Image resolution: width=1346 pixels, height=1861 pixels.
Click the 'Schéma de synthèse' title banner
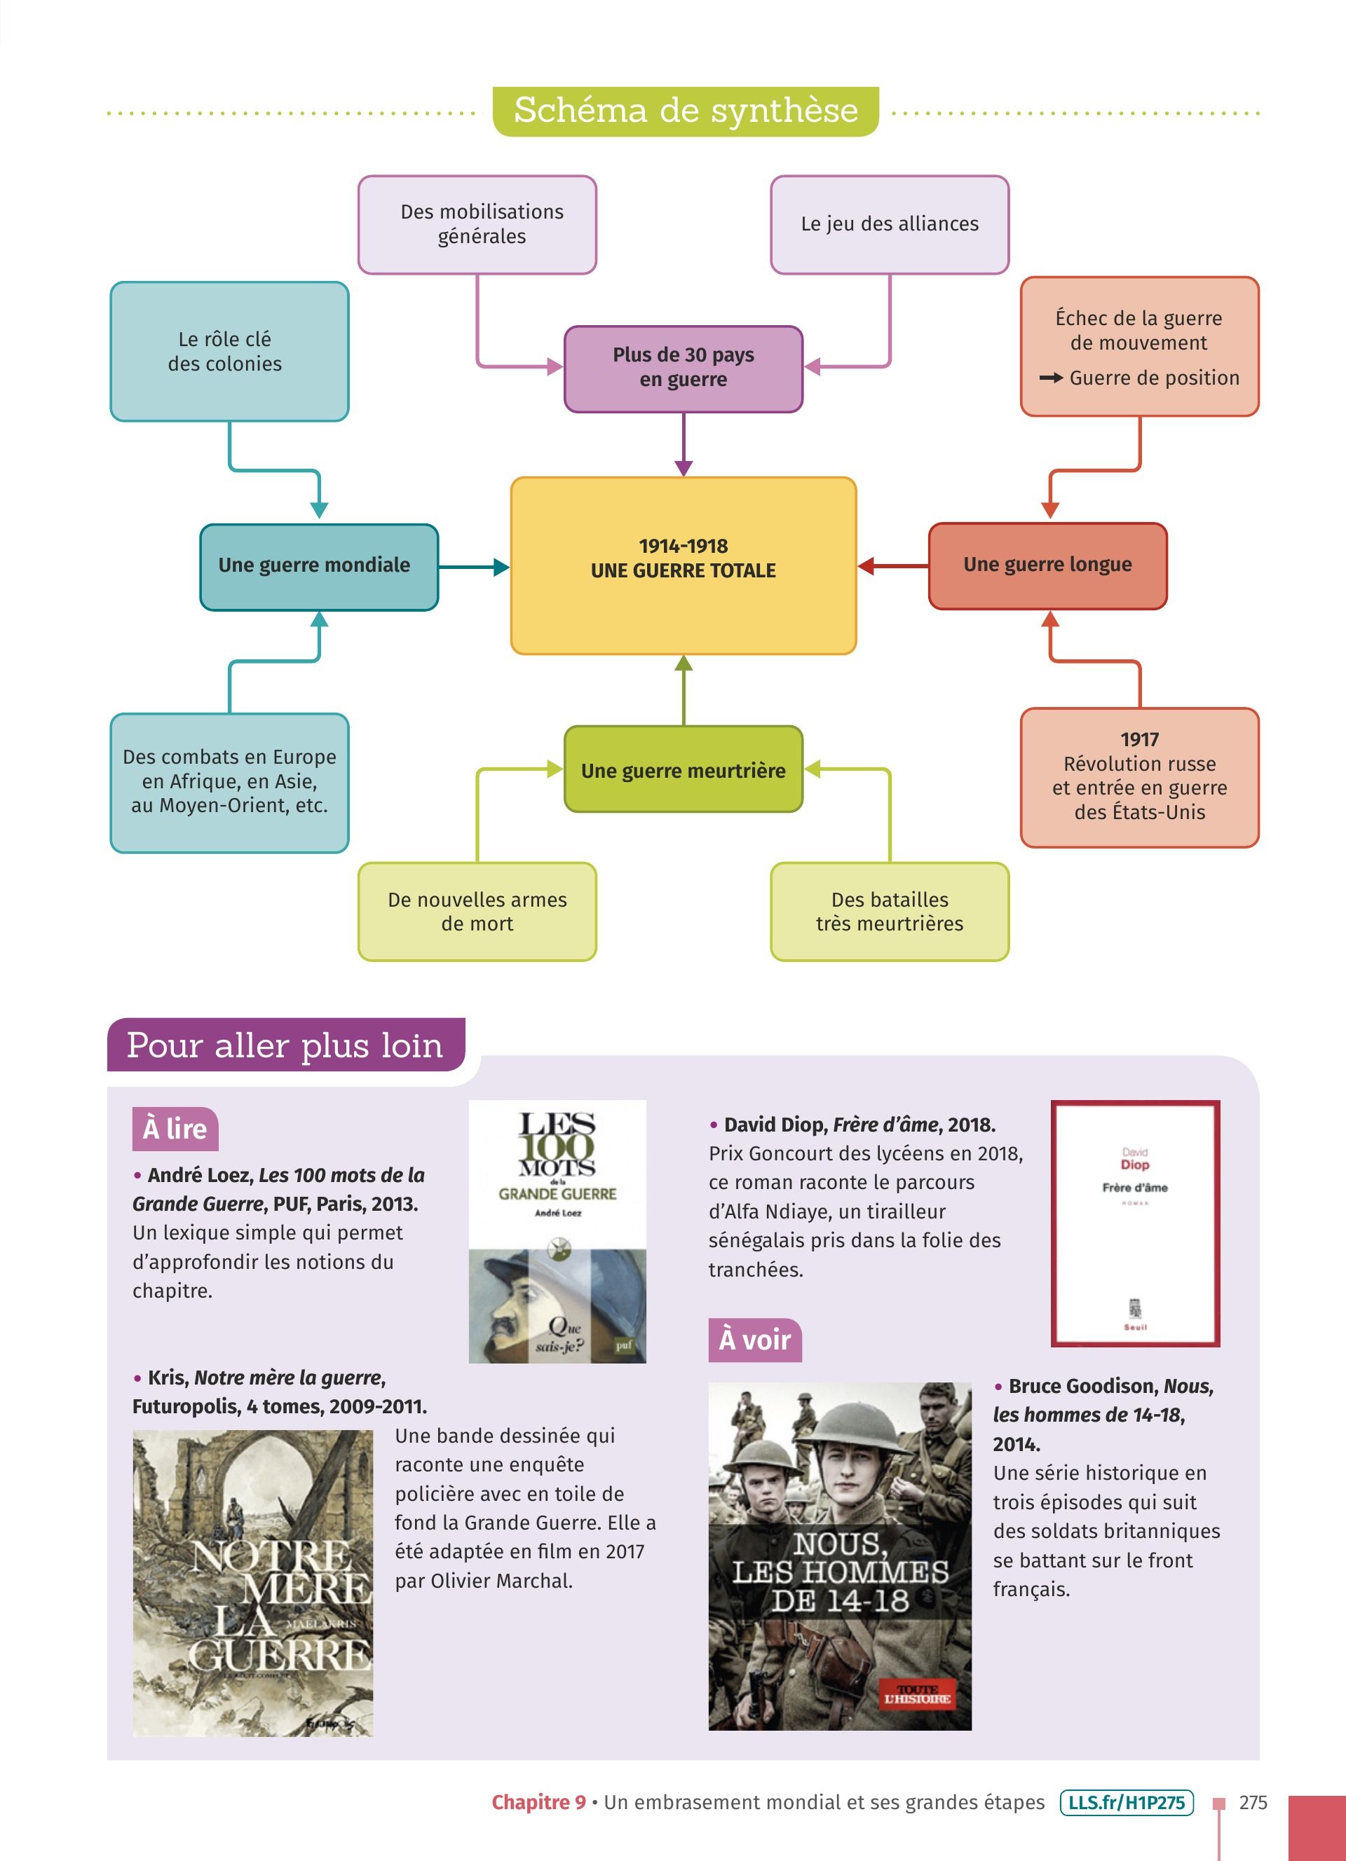686,111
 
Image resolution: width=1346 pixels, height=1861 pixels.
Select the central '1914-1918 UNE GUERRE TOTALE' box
683,565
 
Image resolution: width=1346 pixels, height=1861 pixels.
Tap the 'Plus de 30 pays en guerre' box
683,369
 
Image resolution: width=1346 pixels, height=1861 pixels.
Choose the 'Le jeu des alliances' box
890,224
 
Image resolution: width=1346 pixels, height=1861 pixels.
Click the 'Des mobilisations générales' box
477,224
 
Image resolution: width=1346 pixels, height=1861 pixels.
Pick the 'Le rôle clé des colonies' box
229,351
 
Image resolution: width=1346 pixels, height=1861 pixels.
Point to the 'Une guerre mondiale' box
318,566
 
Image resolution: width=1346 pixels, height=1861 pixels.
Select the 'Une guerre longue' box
1047,565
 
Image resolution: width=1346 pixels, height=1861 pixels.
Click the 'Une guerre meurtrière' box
683,769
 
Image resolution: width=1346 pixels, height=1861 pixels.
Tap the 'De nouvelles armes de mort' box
477,911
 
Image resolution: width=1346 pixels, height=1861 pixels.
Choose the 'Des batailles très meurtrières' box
890,911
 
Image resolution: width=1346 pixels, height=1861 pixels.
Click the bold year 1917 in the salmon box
1139,739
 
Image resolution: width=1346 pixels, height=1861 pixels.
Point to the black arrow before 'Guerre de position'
1051,378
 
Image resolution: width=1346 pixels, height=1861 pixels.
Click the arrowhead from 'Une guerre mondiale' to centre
501,567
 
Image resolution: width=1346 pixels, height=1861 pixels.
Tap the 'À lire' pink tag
175,1128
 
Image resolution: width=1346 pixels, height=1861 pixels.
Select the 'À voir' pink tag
754,1339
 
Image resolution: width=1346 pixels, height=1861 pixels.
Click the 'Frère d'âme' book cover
1135,1223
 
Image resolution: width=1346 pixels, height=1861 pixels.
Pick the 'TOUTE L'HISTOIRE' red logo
916,1694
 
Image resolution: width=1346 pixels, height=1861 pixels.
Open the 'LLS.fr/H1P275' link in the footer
1126,1803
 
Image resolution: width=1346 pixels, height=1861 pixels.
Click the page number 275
1253,1803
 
